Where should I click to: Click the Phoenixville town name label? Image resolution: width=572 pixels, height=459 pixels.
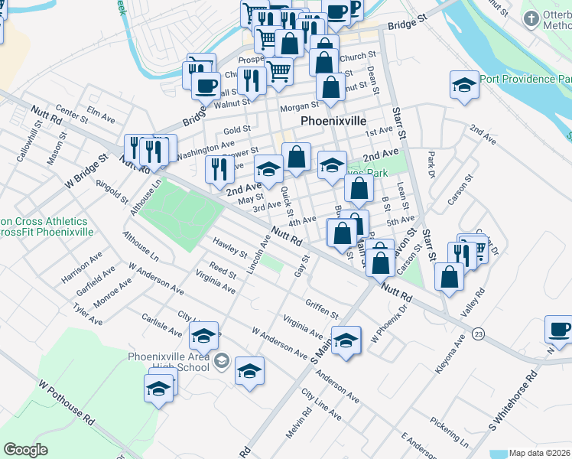tap(333, 122)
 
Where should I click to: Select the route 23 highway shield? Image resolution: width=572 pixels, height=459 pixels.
tap(479, 334)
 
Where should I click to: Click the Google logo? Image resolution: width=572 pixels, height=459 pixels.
tap(26, 450)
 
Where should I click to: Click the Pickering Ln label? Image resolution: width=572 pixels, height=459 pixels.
tap(449, 431)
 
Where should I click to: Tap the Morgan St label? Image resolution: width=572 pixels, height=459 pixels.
tap(298, 106)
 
